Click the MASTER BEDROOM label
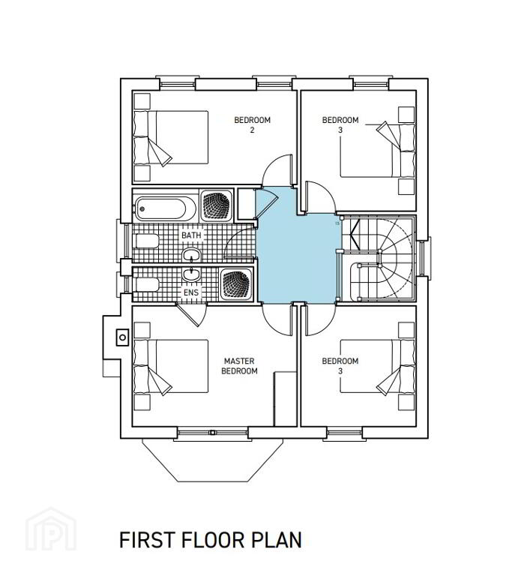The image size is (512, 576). click(239, 366)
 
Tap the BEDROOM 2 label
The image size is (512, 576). click(253, 124)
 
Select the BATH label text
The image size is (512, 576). click(191, 235)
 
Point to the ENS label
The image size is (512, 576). click(191, 292)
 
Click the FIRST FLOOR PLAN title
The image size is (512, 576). click(211, 540)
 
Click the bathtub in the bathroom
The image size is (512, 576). click(165, 208)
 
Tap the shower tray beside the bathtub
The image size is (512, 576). click(217, 205)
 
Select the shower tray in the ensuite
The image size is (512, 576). click(236, 284)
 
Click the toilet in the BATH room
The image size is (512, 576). click(147, 241)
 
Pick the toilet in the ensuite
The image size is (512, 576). click(147, 284)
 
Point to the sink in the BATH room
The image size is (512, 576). click(192, 254)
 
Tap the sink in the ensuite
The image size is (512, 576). click(192, 274)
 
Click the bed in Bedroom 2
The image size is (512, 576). click(171, 137)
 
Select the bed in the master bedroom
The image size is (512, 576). click(171, 366)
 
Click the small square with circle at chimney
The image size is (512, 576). click(123, 337)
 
